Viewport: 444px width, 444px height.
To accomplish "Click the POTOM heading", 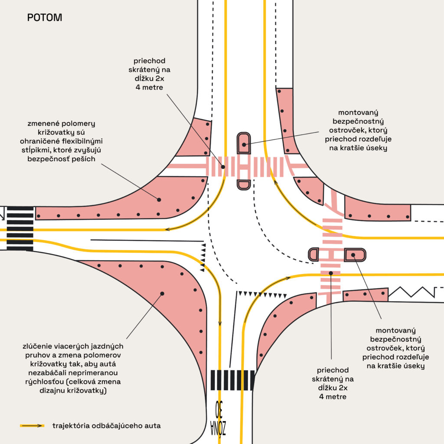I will [x=44, y=18].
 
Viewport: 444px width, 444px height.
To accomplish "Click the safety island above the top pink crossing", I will [x=244, y=143].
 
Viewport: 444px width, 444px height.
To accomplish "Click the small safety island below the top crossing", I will [x=244, y=185].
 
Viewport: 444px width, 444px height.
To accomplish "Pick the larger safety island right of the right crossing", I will [x=355, y=255].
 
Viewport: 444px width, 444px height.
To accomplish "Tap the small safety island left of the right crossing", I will [x=313, y=255].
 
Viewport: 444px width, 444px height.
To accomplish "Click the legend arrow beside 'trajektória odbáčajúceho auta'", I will [x=32, y=426].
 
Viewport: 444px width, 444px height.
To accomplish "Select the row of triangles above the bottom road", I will [x=262, y=294].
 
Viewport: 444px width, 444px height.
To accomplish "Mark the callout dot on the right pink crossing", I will [x=331, y=273].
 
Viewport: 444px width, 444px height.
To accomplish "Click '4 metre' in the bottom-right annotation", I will [x=333, y=396].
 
